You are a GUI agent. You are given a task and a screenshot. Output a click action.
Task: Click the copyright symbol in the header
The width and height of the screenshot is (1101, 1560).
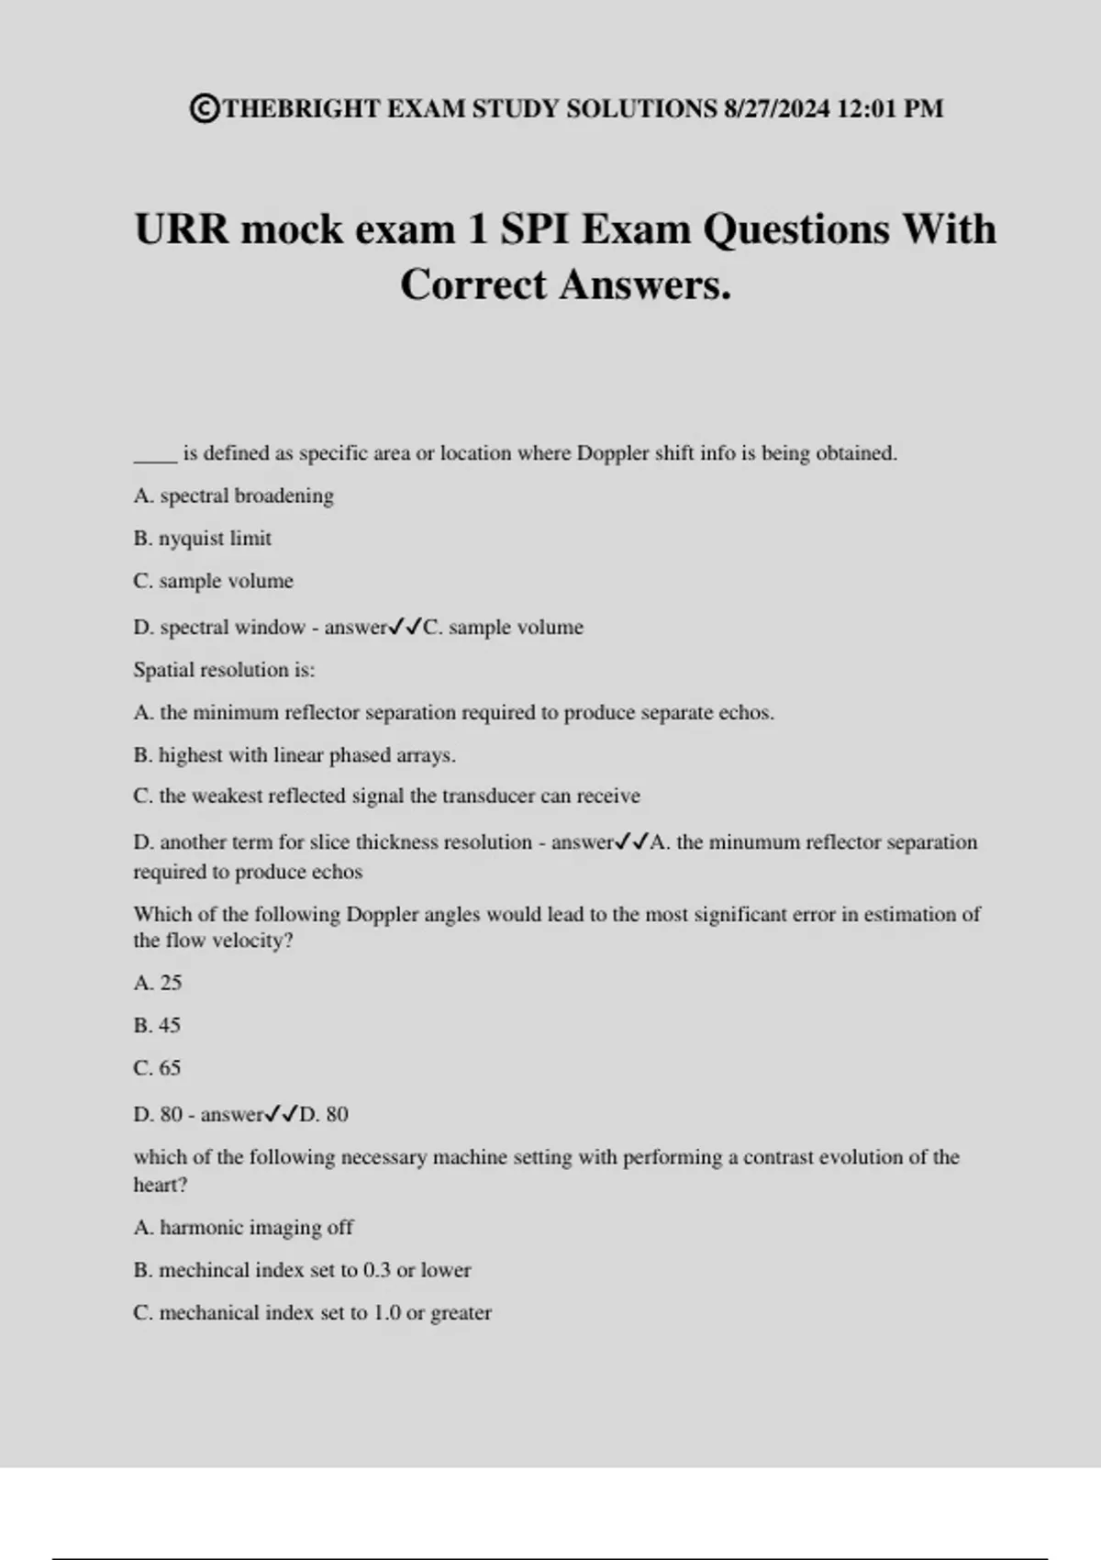point(206,109)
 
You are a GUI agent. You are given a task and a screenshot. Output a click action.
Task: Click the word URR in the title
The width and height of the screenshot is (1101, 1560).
point(182,229)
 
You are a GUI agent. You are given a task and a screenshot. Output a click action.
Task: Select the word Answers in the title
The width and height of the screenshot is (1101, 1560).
point(645,284)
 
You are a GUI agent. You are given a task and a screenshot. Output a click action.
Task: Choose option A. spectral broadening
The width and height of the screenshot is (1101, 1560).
point(233,496)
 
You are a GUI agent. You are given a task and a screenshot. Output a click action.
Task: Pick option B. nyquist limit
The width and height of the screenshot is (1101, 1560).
point(202,539)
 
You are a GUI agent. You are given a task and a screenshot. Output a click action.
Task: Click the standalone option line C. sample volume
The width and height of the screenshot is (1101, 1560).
point(213,581)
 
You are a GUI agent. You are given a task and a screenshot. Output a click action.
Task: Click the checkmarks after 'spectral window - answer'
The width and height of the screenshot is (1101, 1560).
point(405,628)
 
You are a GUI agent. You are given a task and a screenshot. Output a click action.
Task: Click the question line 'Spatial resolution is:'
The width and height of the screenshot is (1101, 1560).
point(224,670)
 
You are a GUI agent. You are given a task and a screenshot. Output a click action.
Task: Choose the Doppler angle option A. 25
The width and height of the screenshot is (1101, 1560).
point(158,983)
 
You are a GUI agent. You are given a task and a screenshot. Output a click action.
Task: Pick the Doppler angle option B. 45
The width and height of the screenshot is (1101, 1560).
point(157,1025)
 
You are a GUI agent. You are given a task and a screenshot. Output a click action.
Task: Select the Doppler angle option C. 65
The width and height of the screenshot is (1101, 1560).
point(157,1068)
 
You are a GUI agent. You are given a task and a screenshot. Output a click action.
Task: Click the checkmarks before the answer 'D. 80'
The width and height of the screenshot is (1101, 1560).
point(282,1115)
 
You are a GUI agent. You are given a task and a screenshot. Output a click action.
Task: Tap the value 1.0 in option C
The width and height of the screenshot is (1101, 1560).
point(386,1313)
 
